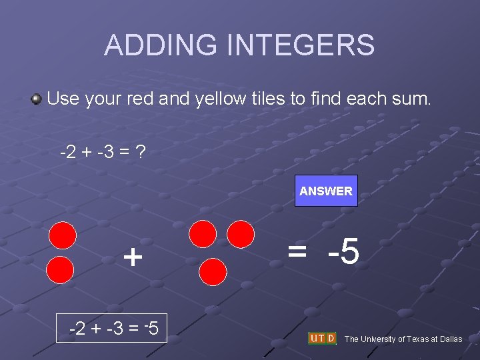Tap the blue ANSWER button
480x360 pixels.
(x=326, y=191)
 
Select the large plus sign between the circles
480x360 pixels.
(x=133, y=256)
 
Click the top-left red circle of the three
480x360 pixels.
(x=203, y=235)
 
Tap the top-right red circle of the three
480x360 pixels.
(x=241, y=234)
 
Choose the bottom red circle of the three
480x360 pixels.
(x=214, y=272)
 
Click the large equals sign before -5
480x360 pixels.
(x=297, y=251)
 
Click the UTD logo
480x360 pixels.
(x=322, y=338)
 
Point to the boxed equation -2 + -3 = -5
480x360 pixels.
(x=112, y=328)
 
